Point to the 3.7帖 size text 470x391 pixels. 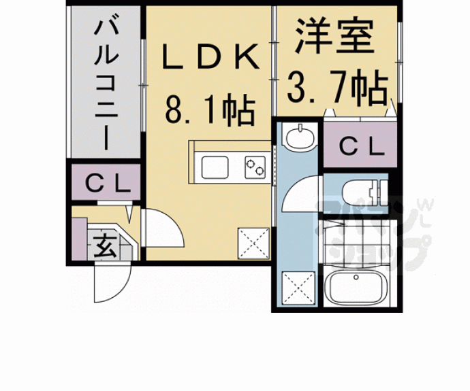[x=337, y=86]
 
